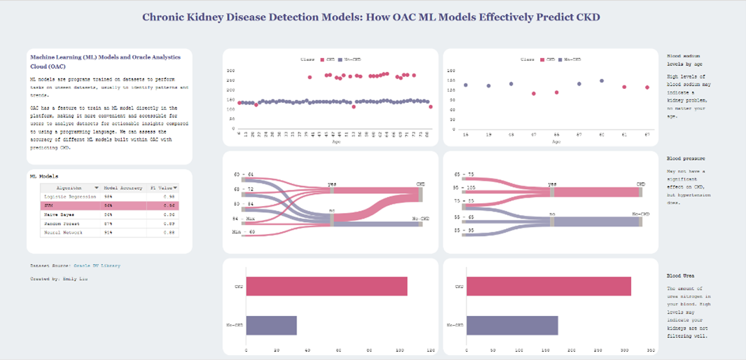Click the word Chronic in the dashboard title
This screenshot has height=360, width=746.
coord(166,16)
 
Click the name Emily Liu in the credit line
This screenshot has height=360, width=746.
coord(74,278)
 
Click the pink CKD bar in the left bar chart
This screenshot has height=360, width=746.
coord(326,286)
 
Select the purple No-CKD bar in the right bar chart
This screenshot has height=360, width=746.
coord(512,325)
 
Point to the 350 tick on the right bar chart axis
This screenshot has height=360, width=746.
coord(650,349)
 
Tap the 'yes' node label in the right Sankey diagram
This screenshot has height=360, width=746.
coord(552,185)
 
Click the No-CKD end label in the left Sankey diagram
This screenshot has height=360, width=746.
coord(420,219)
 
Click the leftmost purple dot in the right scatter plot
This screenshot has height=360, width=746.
coord(466,85)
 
